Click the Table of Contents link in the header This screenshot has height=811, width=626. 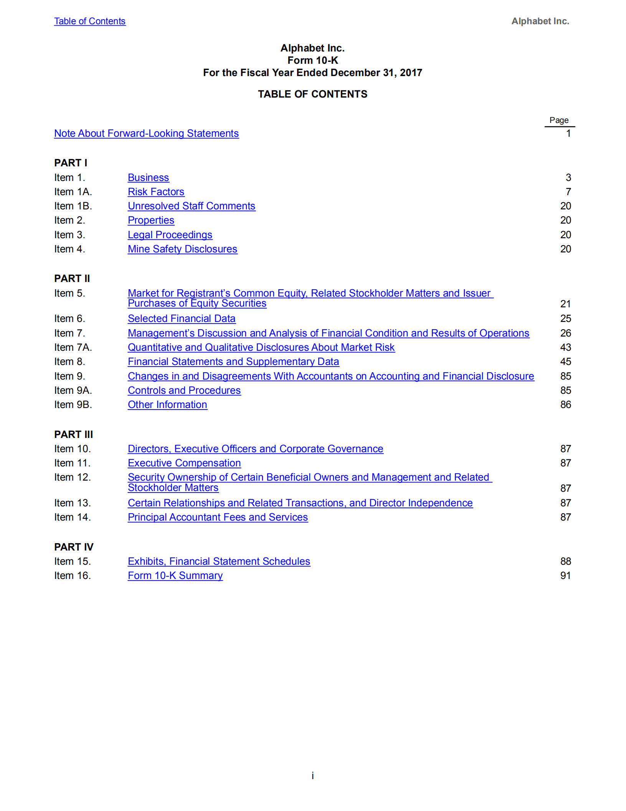[x=90, y=21]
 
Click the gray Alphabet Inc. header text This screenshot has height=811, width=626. [x=540, y=21]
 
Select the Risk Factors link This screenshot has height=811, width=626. [x=156, y=192]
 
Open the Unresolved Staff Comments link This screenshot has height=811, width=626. [x=191, y=206]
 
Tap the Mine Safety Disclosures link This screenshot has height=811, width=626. [x=182, y=249]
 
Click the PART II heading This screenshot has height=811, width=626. [x=72, y=278]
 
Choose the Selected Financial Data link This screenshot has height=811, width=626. [x=182, y=318]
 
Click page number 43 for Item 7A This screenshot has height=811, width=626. [x=565, y=347]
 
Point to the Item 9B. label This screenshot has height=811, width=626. [x=73, y=405]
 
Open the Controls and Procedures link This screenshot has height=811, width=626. [x=184, y=390]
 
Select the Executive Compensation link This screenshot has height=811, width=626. [x=184, y=463]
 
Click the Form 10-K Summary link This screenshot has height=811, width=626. [x=175, y=575]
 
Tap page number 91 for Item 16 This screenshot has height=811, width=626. [x=565, y=575]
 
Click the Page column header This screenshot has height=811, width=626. [x=559, y=120]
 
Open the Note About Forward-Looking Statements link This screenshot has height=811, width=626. [x=146, y=133]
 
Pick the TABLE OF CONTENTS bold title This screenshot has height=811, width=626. [x=312, y=94]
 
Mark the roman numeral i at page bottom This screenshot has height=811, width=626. [x=312, y=775]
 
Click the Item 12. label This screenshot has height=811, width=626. [x=72, y=477]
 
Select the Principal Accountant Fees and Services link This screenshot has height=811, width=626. [x=218, y=517]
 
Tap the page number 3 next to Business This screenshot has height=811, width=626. [x=568, y=177]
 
